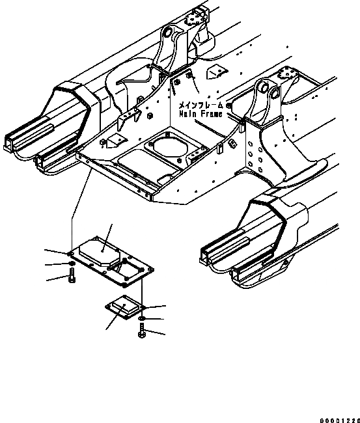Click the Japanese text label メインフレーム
pyautogui.click(x=199, y=104)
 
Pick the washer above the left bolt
pyautogui.click(x=68, y=264)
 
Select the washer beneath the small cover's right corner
pyautogui.click(x=141, y=318)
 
